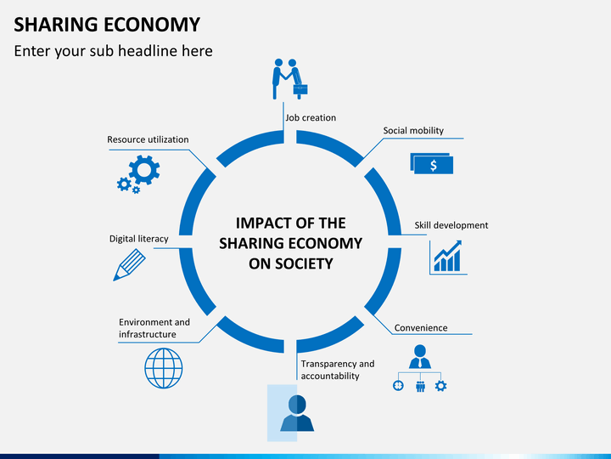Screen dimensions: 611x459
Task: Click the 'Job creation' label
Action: [311, 117]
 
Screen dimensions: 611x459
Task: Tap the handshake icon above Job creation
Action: [289, 79]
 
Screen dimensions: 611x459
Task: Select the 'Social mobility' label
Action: [413, 130]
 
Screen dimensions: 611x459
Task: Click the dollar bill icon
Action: [432, 163]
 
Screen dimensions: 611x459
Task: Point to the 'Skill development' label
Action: [451, 225]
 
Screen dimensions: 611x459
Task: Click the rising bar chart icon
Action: [448, 258]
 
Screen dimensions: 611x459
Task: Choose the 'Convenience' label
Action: [421, 328]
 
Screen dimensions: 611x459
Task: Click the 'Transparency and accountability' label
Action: [338, 370]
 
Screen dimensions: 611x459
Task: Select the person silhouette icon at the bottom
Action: [297, 413]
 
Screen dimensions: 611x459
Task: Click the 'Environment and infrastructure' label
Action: [154, 328]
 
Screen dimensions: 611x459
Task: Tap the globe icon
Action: [164, 368]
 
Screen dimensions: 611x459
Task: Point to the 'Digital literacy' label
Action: [138, 239]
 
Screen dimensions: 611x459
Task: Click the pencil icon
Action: [129, 265]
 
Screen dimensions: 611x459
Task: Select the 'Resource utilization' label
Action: [148, 139]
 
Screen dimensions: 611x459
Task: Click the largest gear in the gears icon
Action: [144, 170]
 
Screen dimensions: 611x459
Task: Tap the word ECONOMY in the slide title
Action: [152, 24]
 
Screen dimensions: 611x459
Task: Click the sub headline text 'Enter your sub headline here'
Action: [114, 51]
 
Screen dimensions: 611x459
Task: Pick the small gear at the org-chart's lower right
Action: [440, 386]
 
